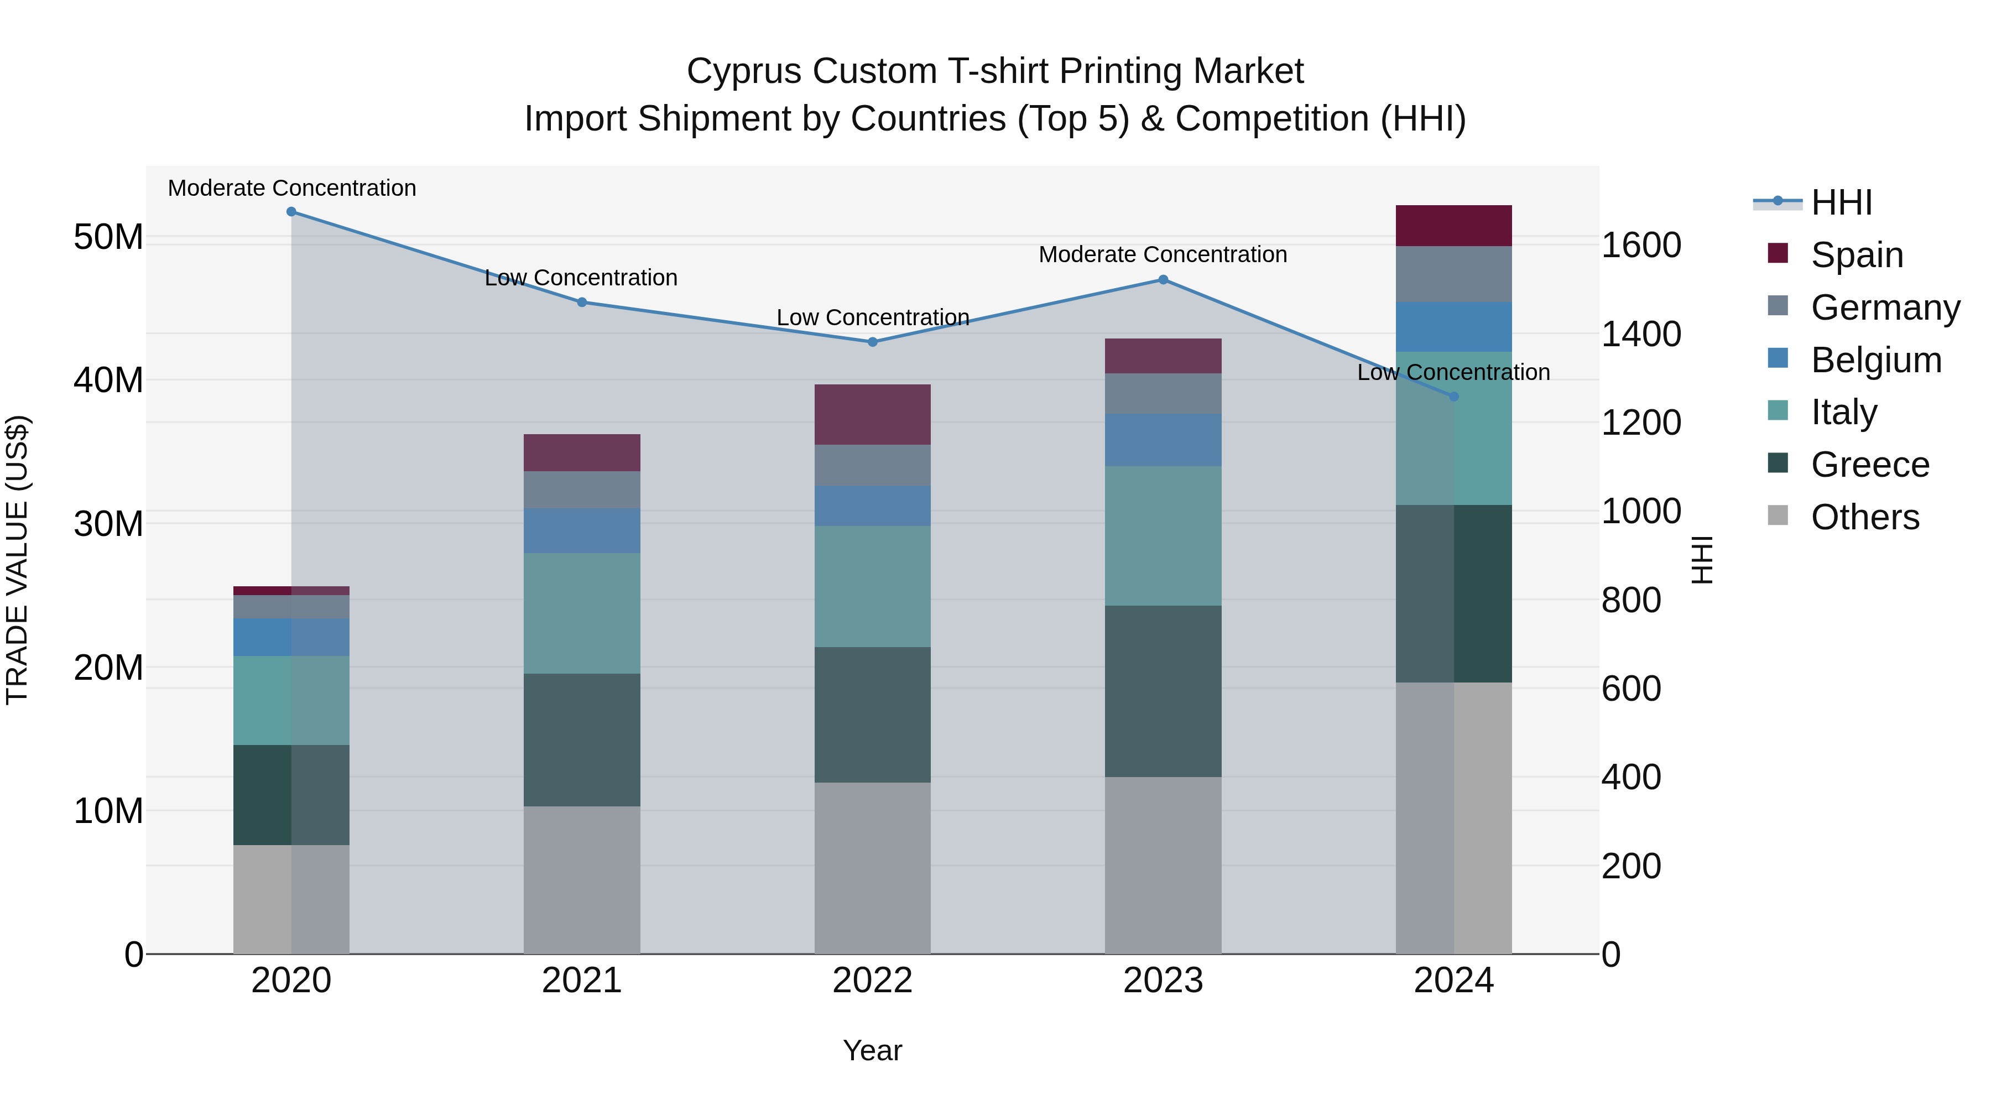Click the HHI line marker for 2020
pos(291,212)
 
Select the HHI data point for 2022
pos(873,342)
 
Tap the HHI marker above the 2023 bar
pos(1163,280)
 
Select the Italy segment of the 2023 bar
pos(1163,535)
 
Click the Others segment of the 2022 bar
pos(873,867)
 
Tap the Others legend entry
pos(1864,517)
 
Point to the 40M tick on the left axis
pos(108,381)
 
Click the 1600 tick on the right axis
pos(1640,246)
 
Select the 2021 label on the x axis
pos(582,981)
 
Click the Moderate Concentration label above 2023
pos(1163,254)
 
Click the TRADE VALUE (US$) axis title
pos(18,560)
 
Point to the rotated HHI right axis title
pos(1702,560)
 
